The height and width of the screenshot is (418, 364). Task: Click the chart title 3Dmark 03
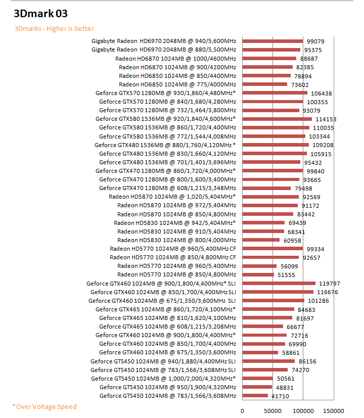click(40, 14)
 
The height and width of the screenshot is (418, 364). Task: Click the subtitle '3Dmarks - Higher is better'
click(54, 28)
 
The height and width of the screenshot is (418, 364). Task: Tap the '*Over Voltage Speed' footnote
click(44, 406)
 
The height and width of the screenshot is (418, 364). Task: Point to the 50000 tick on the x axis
click(273, 410)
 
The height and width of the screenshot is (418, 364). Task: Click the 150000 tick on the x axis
click(334, 410)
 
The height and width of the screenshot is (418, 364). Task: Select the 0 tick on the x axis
click(243, 410)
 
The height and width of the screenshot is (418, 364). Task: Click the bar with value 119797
click(279, 284)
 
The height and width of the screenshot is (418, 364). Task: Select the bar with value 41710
click(255, 396)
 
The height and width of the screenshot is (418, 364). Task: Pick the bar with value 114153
click(277, 119)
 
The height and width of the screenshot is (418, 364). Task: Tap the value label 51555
click(286, 275)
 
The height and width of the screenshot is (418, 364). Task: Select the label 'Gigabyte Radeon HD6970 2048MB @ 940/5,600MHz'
click(164, 41)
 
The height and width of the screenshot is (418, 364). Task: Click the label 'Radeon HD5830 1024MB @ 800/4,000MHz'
click(176, 240)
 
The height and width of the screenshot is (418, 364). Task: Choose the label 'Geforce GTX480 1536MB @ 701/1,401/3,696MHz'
click(167, 162)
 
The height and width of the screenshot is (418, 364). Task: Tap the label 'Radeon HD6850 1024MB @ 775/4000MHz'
click(177, 84)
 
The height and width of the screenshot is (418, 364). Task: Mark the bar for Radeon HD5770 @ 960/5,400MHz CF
click(272, 249)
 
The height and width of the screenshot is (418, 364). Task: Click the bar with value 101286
click(273, 301)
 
